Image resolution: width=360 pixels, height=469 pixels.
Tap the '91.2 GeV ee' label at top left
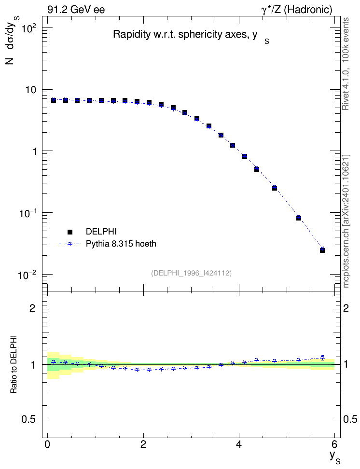pyautogui.click(x=76, y=10)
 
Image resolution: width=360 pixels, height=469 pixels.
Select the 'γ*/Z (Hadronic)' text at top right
pyautogui.click(x=297, y=10)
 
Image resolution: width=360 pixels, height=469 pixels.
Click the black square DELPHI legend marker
pyautogui.click(x=70, y=232)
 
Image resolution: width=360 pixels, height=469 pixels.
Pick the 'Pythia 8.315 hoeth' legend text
pyautogui.click(x=121, y=244)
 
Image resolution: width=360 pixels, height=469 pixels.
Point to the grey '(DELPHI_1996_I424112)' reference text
pyautogui.click(x=191, y=273)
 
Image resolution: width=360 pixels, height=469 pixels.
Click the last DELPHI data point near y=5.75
pyautogui.click(x=322, y=250)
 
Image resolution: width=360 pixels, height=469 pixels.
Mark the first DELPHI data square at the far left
pyautogui.click(x=54, y=100)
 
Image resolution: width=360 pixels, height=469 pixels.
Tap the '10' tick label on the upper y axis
pyautogui.click(x=30, y=90)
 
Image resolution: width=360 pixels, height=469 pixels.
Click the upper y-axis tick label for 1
pyautogui.click(x=34, y=152)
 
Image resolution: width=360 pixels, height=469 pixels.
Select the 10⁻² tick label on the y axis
pyautogui.click(x=27, y=274)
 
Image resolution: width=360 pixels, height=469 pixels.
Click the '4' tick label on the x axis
pyautogui.click(x=239, y=443)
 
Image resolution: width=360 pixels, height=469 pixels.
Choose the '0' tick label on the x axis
pyautogui.click(x=47, y=443)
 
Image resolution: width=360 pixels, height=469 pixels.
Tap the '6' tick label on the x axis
pyautogui.click(x=334, y=443)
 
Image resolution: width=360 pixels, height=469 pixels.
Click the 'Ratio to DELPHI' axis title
pyautogui.click(x=14, y=364)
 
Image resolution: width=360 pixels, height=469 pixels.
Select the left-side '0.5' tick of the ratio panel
pyautogui.click(x=28, y=420)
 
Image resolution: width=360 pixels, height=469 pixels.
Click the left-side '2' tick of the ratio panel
pyautogui.click(x=32, y=308)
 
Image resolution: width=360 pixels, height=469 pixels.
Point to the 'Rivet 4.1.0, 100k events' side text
pyautogui.click(x=346, y=64)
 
